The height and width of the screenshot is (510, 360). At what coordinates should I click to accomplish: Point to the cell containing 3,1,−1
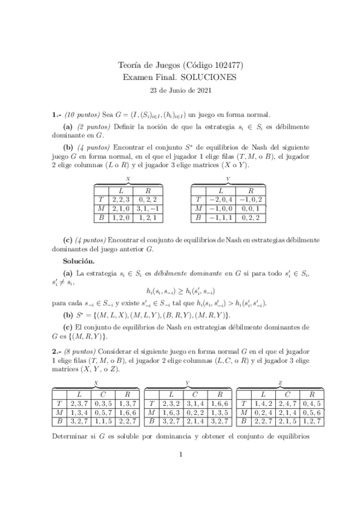tap(148, 208)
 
